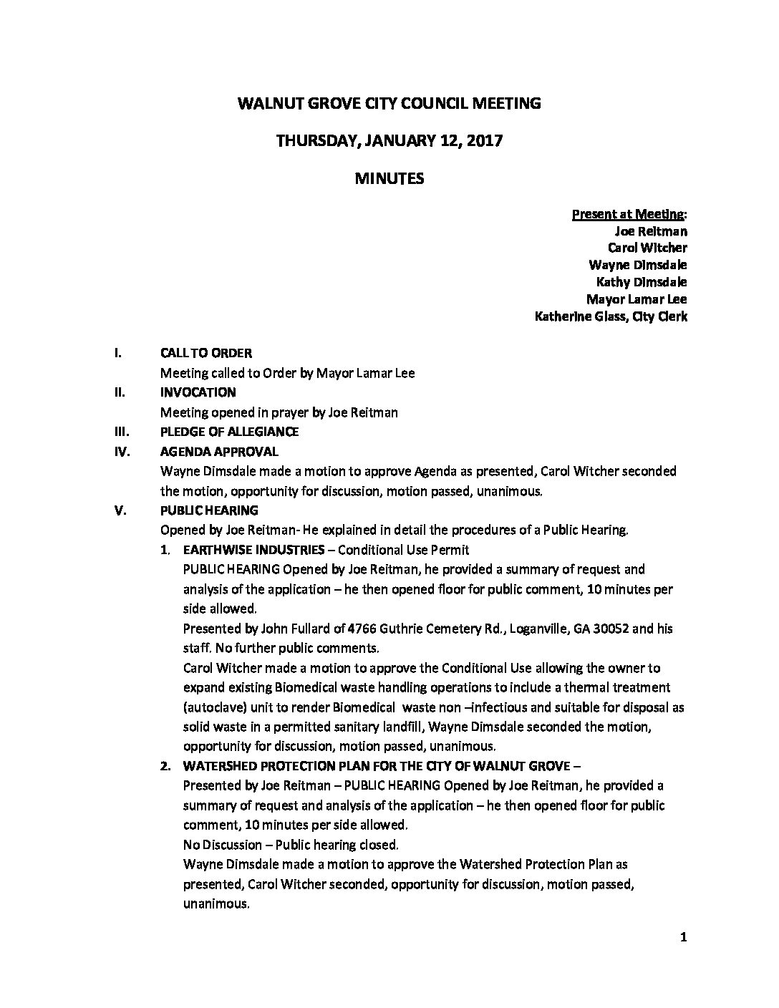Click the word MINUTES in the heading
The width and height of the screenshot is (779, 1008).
[389, 179]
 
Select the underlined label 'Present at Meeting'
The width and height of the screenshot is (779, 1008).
[628, 214]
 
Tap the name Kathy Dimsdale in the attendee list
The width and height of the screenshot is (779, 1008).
[642, 282]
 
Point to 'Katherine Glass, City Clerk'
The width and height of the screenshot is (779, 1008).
[611, 316]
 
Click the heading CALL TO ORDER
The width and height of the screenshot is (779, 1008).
[205, 353]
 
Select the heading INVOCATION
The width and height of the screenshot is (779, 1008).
[198, 392]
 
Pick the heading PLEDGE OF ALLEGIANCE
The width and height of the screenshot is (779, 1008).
[229, 432]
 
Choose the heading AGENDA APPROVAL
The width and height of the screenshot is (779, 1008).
[219, 452]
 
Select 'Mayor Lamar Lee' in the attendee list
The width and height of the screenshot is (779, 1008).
[637, 299]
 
